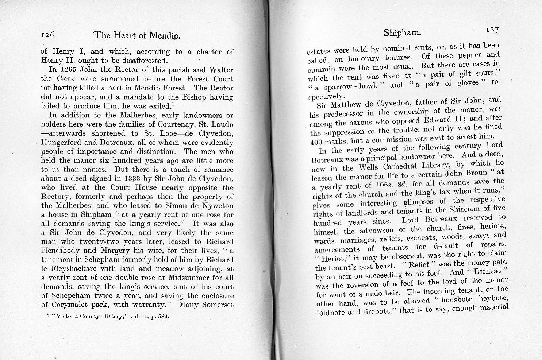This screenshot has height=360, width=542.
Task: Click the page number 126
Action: coord(47,35)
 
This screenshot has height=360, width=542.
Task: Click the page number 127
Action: coord(492,30)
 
